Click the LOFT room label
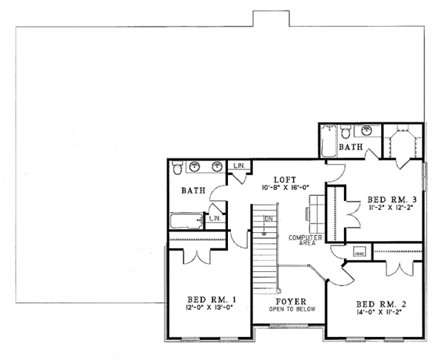283,179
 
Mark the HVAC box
360,251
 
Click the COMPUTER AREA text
303,240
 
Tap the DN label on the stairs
269,219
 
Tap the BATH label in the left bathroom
192,191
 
